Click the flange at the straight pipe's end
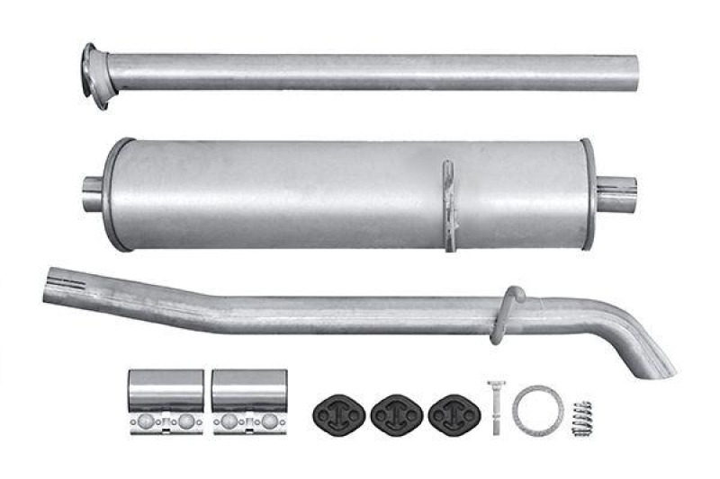coord(94,74)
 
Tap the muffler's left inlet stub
coord(92,194)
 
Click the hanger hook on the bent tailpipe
coord(508,311)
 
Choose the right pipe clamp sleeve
coord(249,388)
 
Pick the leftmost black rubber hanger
coord(339,412)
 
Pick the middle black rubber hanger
coord(397,412)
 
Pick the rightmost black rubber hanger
coord(454,412)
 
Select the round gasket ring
coord(537,409)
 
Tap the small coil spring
coord(582,417)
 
